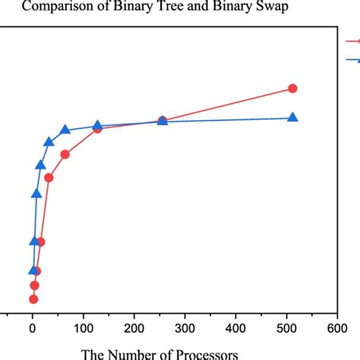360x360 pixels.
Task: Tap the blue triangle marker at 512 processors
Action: (292, 117)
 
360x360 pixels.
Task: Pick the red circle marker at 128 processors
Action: (97, 129)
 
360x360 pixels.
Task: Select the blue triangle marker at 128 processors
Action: (97, 125)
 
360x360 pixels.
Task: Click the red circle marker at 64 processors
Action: (65, 154)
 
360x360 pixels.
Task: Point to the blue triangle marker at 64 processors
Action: (65, 129)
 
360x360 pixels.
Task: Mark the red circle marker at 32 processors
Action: (49, 178)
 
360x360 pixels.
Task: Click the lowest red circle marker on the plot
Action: (33, 298)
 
